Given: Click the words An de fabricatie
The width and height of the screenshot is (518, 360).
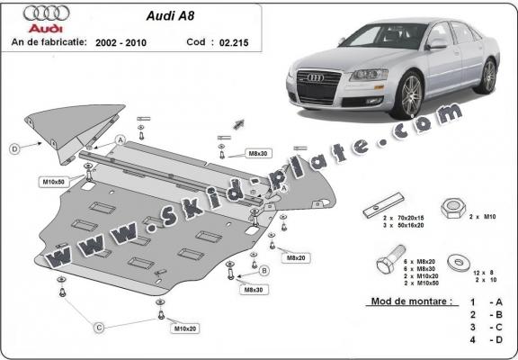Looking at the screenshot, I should point(47,42).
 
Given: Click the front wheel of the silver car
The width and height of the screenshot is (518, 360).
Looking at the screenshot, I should point(412,94).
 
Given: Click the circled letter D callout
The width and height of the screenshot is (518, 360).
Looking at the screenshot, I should point(14,148).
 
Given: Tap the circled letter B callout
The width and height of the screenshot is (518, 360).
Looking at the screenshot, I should point(264,270).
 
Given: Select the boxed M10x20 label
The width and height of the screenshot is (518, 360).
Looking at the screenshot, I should point(186,328).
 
